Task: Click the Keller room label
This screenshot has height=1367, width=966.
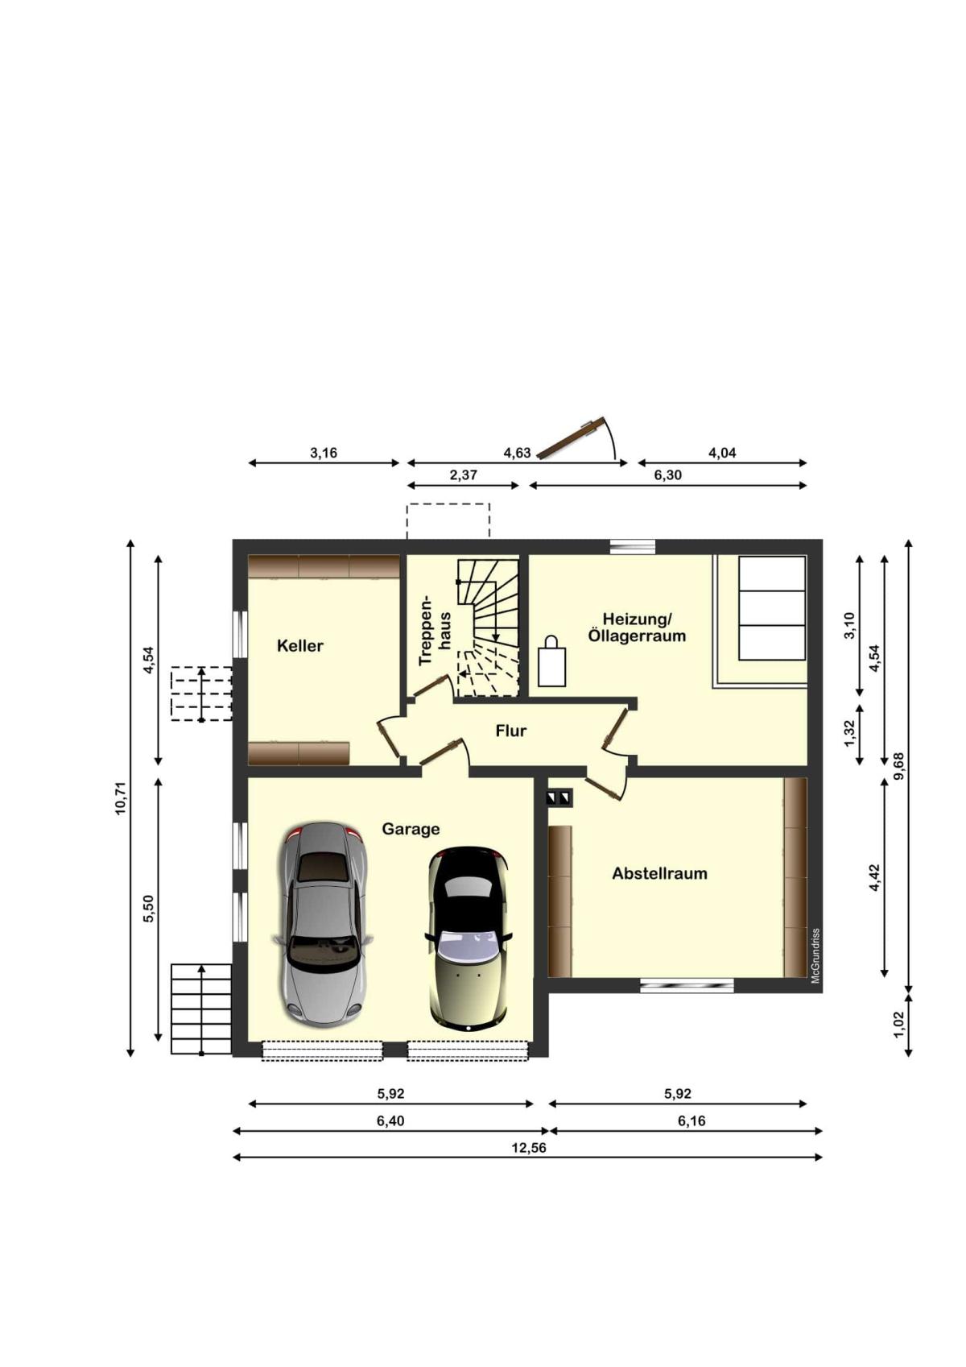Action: pos(299,646)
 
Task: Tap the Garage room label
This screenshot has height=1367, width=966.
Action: pos(411,829)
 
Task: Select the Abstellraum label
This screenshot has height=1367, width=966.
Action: pos(659,873)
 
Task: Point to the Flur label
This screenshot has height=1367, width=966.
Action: pos(510,731)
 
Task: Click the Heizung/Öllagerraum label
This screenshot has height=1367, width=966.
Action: pos(637,628)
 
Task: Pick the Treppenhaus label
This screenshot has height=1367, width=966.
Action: pos(434,630)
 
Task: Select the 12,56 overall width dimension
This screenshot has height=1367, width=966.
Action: pos(528,1147)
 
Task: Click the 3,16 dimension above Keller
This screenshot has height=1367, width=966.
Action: pos(324,453)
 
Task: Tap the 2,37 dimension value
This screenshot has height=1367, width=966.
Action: pos(463,474)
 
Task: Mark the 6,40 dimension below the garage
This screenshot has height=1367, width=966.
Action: pos(390,1121)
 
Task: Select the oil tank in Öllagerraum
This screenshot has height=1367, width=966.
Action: pos(771,608)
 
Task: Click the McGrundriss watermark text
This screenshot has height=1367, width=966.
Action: pos(815,955)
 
